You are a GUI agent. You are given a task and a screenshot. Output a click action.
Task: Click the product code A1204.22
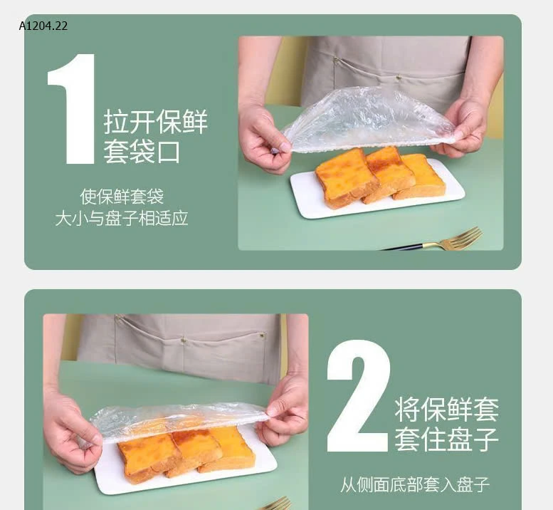tap(44, 26)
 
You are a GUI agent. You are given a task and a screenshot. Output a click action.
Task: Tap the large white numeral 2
tap(358, 397)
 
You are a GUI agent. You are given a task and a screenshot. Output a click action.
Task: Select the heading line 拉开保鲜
tap(156, 122)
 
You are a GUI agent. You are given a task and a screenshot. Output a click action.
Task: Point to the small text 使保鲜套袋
tap(122, 196)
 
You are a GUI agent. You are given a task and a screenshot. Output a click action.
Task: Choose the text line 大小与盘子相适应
tap(122, 218)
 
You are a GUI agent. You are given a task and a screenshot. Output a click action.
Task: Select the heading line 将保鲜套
tap(446, 409)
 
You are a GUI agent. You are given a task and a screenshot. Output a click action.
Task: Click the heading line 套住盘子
tap(446, 439)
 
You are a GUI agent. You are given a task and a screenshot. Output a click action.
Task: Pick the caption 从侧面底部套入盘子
tap(415, 486)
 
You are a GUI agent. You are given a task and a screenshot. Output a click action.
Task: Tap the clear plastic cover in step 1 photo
tap(367, 119)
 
